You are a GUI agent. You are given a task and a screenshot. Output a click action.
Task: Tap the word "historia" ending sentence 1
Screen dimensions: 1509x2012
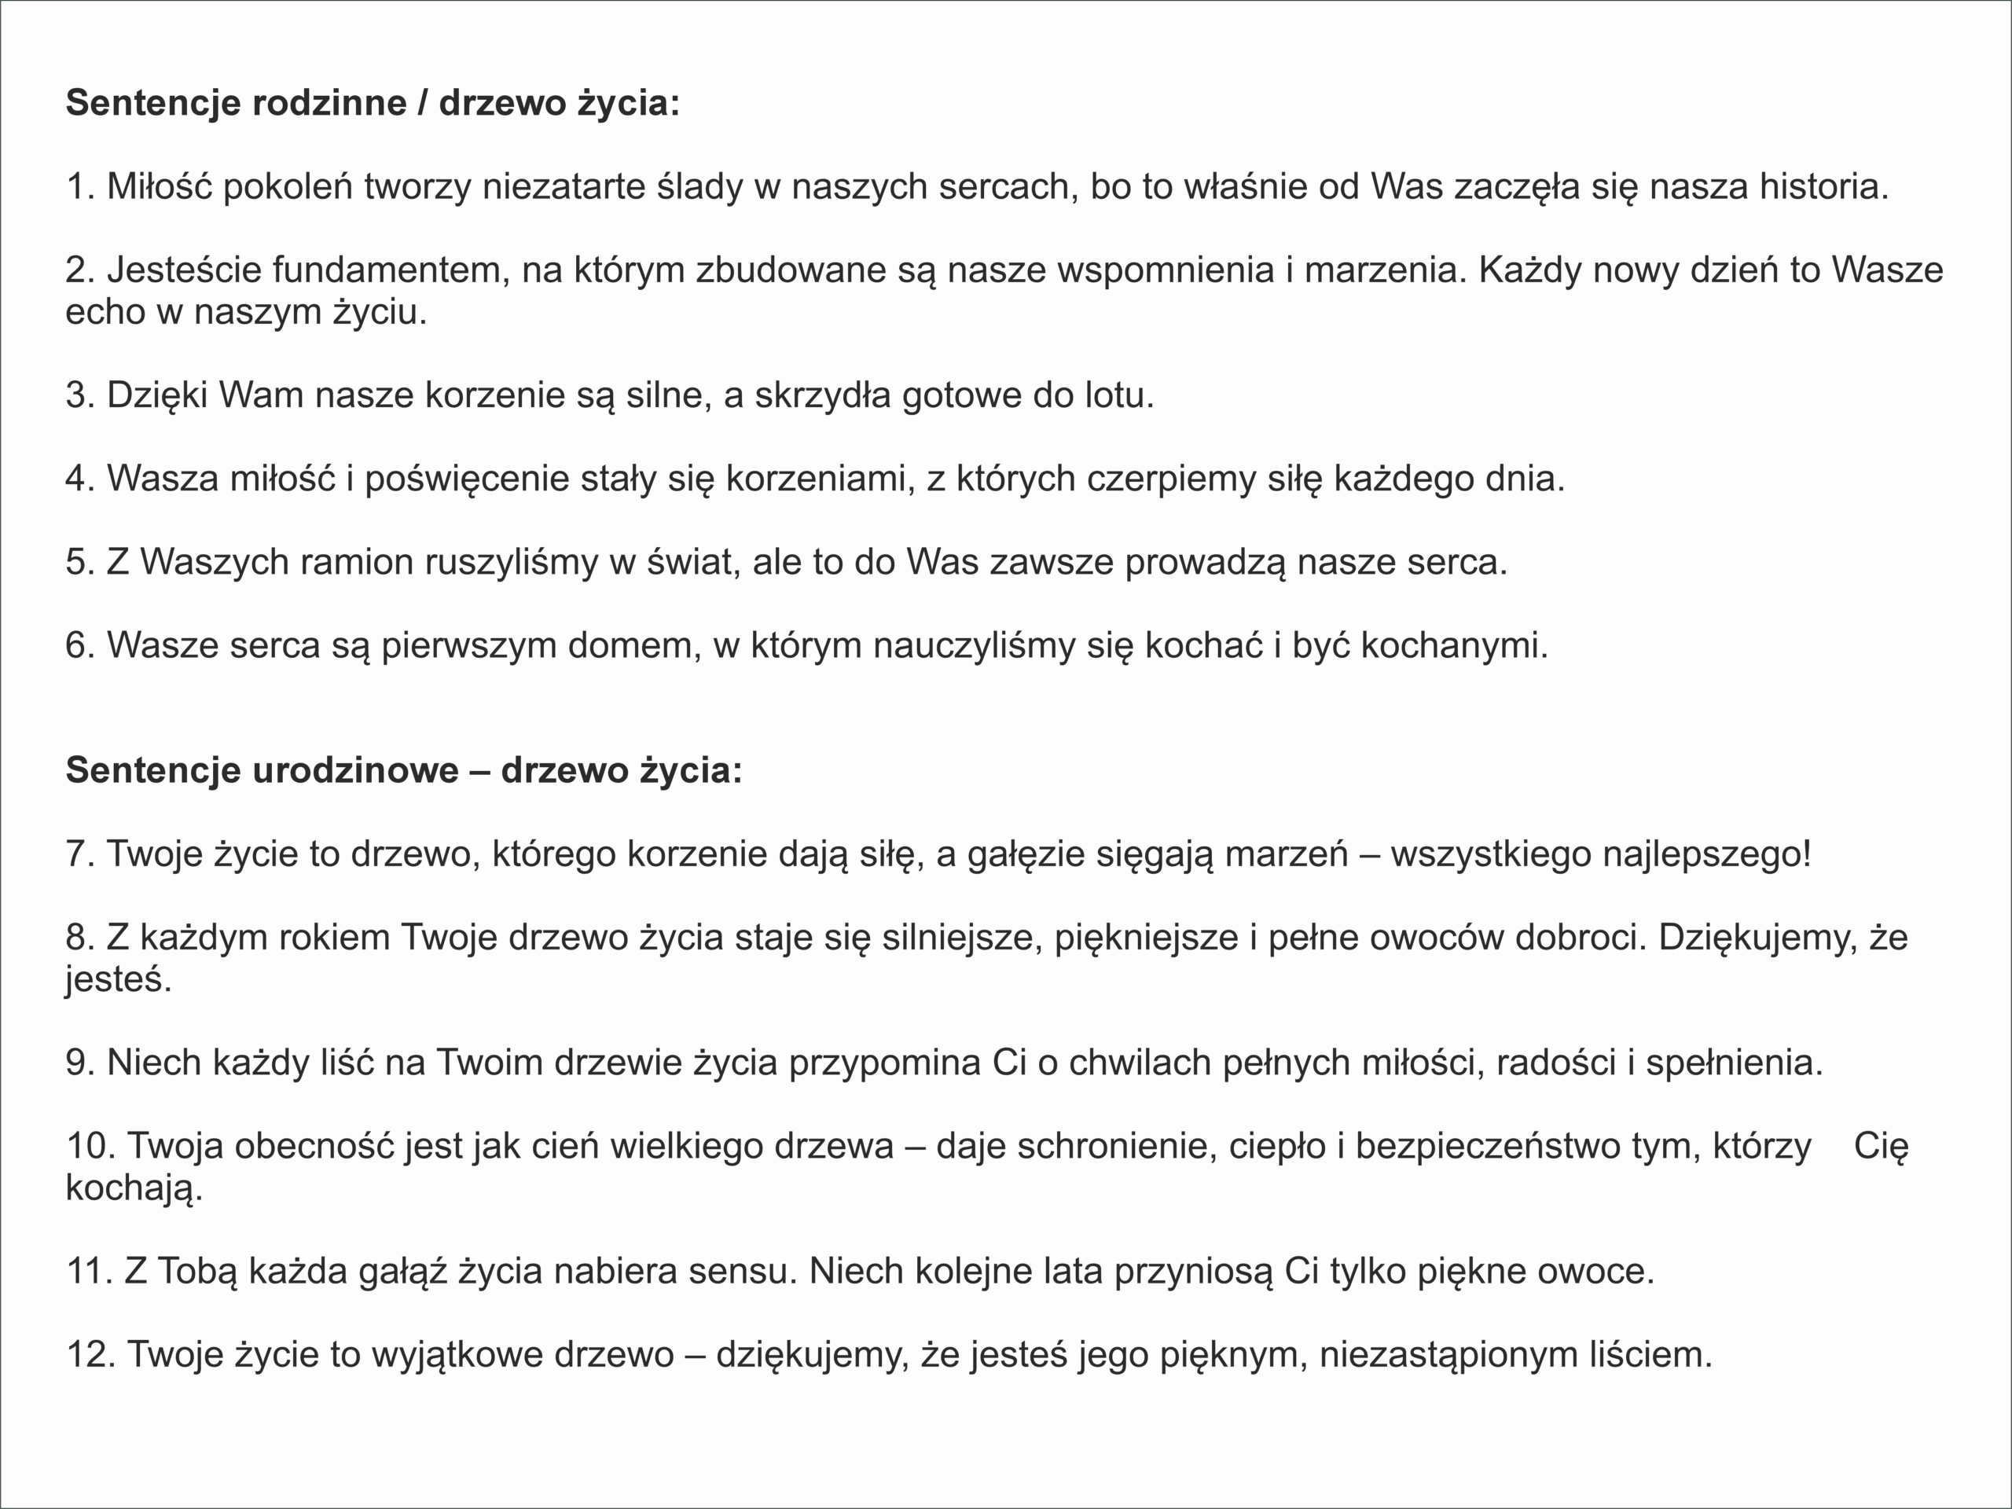(1822, 186)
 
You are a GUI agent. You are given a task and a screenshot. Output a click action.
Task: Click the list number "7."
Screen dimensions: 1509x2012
(80, 854)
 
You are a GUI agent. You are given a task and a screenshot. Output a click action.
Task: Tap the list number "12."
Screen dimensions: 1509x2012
(91, 1354)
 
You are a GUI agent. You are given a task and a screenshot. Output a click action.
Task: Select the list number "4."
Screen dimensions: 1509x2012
(80, 479)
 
